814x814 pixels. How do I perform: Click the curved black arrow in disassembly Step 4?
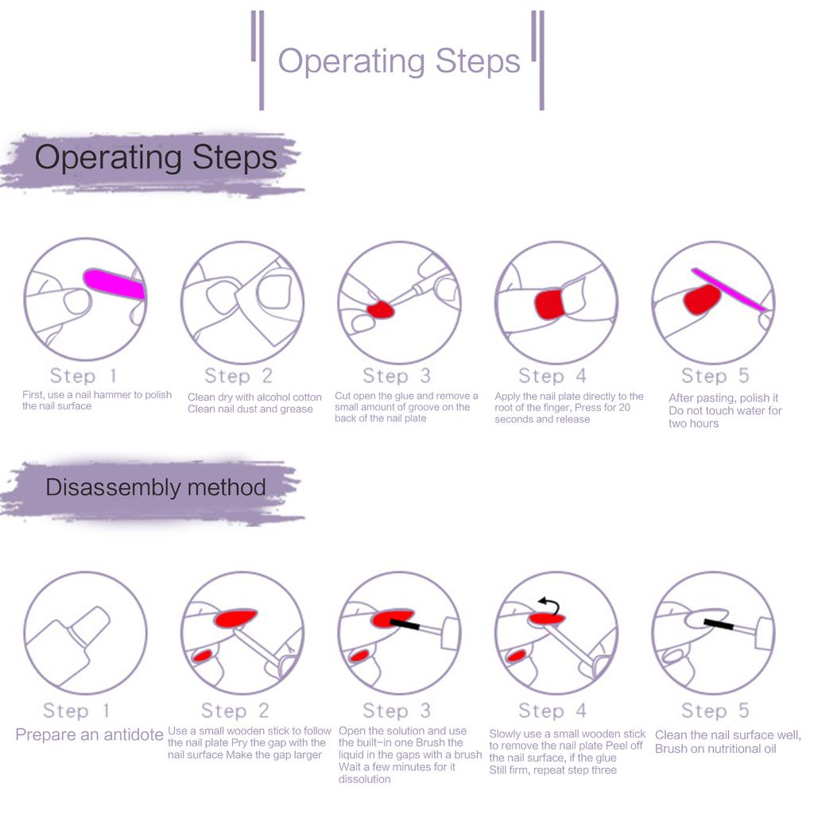point(550,605)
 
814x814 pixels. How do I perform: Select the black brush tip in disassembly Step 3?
point(405,624)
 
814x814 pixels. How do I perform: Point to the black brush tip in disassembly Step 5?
point(719,624)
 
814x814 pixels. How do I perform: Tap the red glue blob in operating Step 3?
point(381,310)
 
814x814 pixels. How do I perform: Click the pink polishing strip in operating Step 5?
point(730,289)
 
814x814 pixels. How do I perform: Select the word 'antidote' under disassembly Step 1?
point(134,735)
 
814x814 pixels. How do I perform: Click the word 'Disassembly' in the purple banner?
point(113,487)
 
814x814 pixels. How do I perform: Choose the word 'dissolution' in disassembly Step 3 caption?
point(364,779)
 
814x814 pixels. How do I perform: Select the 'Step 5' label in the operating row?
point(715,375)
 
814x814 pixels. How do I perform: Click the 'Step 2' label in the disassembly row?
point(235,710)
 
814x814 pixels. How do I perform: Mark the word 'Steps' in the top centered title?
point(478,61)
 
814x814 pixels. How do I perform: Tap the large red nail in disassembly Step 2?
point(235,617)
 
